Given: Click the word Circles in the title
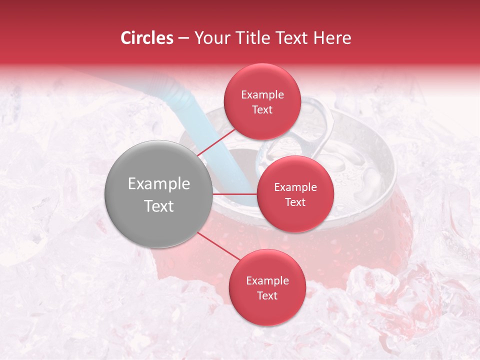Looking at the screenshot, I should tap(146, 38).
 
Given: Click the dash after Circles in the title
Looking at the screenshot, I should tap(183, 38).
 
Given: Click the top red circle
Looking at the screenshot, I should tap(262, 101).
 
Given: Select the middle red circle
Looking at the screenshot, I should tap(295, 194).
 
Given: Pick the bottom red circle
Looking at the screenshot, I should tap(267, 287).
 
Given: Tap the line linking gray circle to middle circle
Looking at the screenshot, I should tap(235, 193).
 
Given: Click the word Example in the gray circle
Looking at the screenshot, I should tap(158, 184).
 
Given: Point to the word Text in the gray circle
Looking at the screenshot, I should tap(158, 206).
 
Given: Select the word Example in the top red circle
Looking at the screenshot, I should tap(262, 95).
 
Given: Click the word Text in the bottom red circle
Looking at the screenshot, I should tap(267, 295).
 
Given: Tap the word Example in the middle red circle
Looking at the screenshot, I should tap(295, 187).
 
